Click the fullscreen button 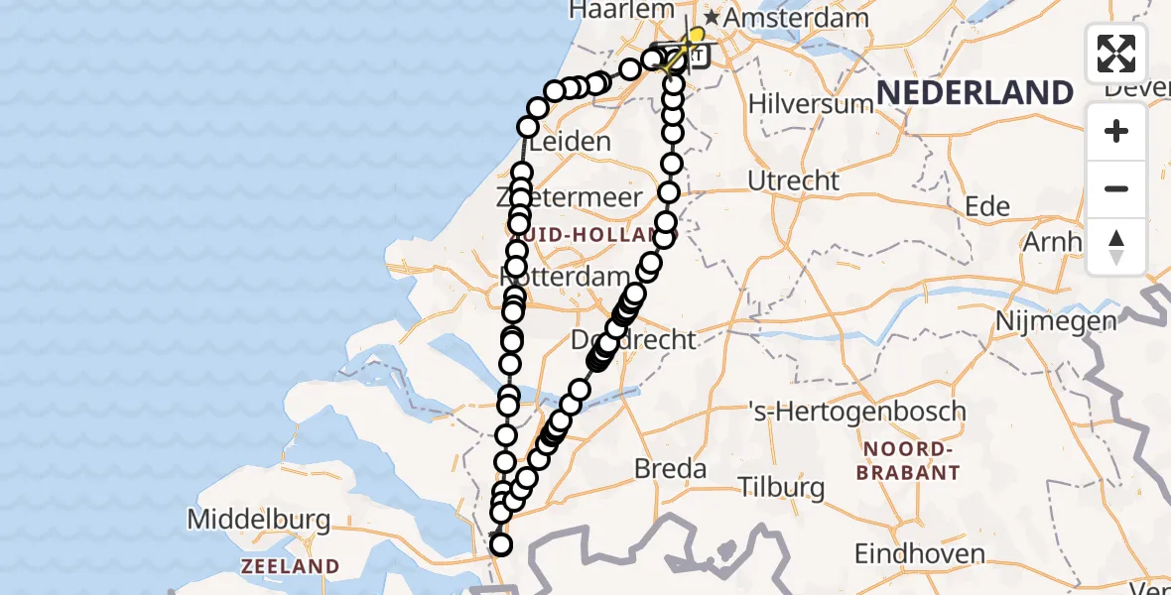click(1116, 54)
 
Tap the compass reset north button click(1116, 247)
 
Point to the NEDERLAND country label click(975, 93)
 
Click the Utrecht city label click(793, 181)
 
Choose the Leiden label click(571, 142)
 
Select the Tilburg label click(781, 488)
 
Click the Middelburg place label click(258, 519)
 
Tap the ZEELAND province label click(290, 566)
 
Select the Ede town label click(987, 206)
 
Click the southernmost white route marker click(501, 544)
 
